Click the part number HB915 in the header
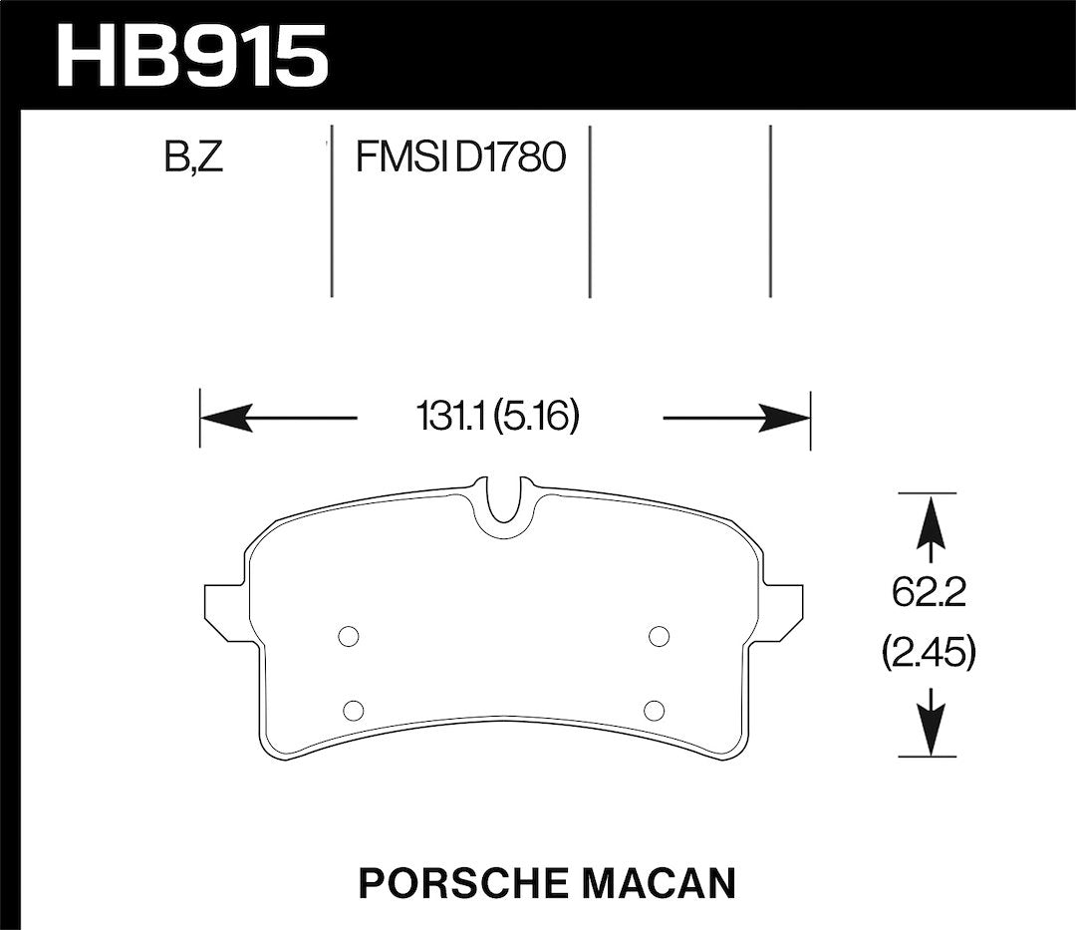(193, 56)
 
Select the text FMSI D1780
(459, 157)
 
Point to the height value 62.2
(930, 593)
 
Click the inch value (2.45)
(929, 654)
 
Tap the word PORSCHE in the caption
(455, 883)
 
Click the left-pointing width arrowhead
(226, 418)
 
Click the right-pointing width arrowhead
(784, 418)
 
